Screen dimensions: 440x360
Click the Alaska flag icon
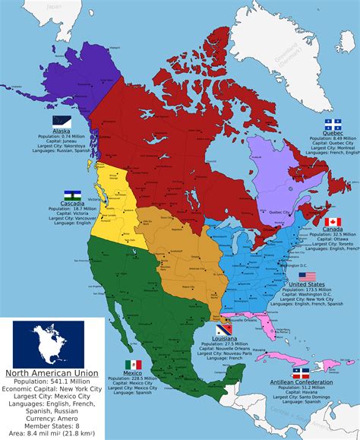pyautogui.click(x=62, y=121)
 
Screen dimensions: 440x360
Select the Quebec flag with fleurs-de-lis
pyautogui.click(x=333, y=123)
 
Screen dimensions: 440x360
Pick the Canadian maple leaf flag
pyautogui.click(x=333, y=221)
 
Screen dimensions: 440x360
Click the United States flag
pyautogui.click(x=307, y=276)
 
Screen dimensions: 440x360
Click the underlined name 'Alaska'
pyautogui.click(x=62, y=130)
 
